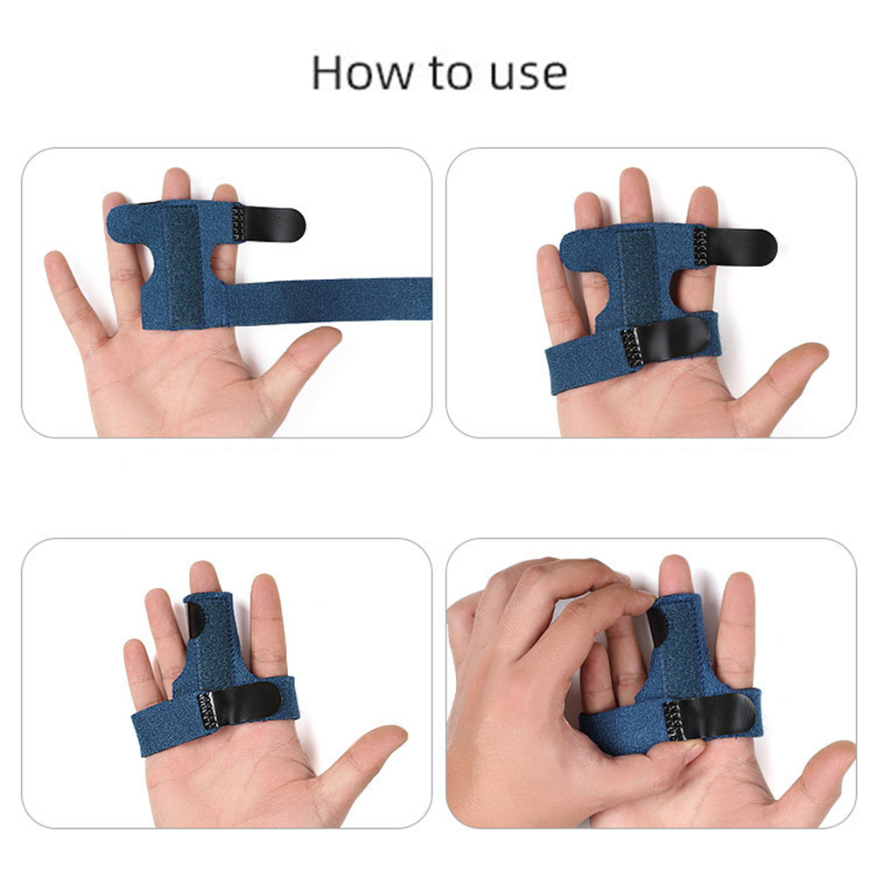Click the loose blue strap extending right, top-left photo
pos(329,300)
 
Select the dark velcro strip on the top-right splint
pos(636,275)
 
